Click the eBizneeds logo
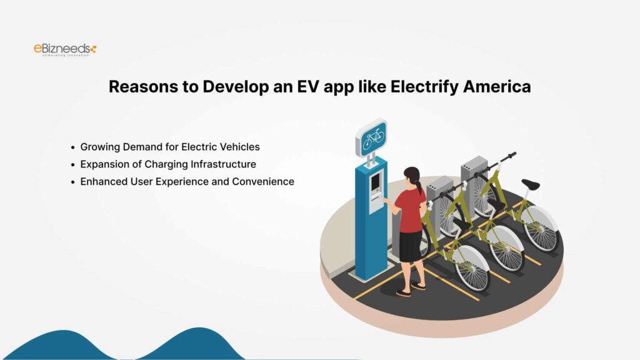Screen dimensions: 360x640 [65, 49]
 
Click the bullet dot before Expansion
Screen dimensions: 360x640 [73, 164]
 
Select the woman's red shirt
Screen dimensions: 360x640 [411, 210]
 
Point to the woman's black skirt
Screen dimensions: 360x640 [410, 246]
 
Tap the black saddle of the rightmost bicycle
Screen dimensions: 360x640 [530, 184]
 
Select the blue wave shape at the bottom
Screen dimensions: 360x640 [125, 347]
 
